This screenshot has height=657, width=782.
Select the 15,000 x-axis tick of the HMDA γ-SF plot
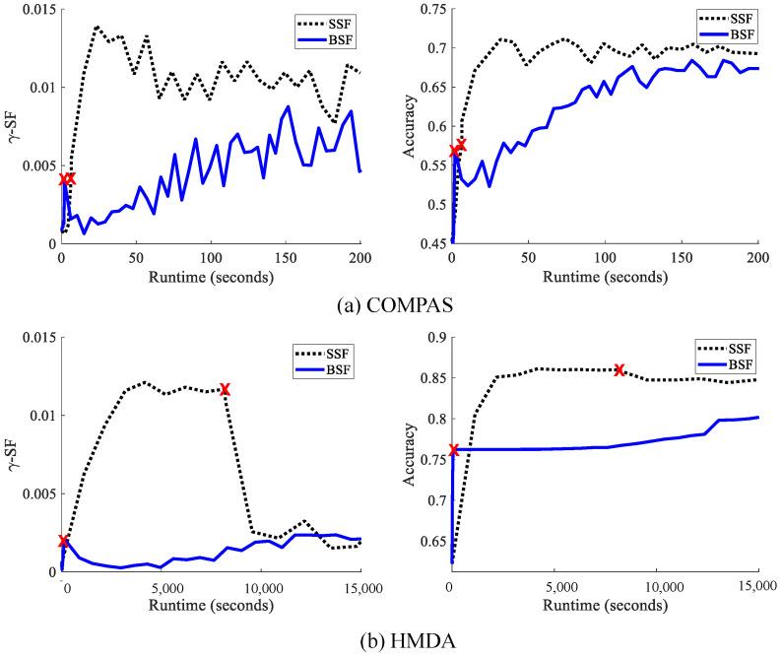[x=360, y=588]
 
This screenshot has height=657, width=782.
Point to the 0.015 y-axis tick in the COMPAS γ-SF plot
[x=34, y=9]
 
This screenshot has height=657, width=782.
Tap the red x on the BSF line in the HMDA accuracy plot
[x=454, y=450]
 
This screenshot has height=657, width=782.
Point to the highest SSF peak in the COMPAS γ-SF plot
[x=98, y=27]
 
